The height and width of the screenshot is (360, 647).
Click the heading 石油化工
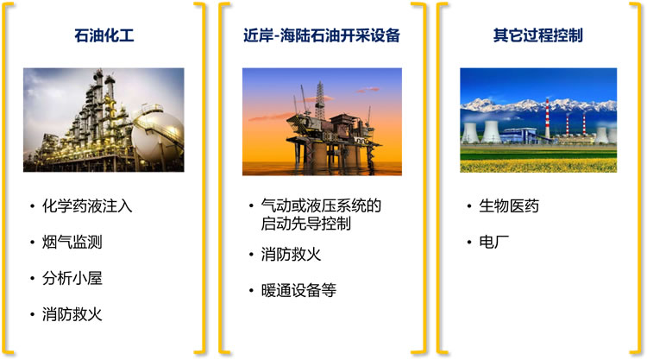[104, 35]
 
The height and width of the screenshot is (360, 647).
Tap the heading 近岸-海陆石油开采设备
[322, 35]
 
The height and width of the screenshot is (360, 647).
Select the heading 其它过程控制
[537, 35]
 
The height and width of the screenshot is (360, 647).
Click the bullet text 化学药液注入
[87, 206]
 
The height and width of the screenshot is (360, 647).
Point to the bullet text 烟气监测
[72, 243]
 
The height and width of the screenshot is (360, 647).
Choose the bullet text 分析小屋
[72, 278]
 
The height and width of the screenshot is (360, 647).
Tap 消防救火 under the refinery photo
[72, 314]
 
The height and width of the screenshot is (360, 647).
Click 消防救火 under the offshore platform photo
[291, 255]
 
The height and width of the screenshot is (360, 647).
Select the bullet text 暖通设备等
[298, 291]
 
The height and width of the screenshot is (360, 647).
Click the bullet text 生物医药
[509, 206]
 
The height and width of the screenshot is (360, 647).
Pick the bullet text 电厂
[494, 243]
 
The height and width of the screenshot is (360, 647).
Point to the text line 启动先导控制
[305, 224]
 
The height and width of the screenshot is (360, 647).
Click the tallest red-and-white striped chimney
[548, 118]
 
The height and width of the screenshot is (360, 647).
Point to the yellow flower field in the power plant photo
[538, 166]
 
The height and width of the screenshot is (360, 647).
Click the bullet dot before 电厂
[469, 243]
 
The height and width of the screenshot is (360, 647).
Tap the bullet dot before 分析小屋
[32, 279]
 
